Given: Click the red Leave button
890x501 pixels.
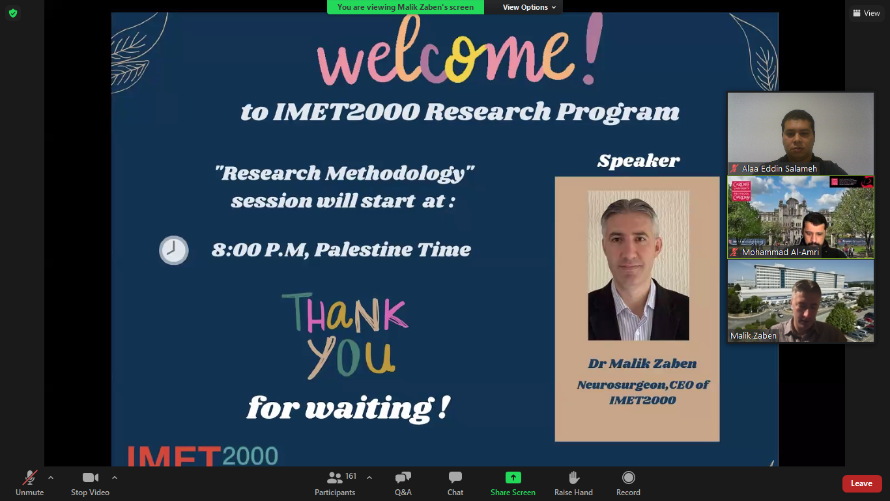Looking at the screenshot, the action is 861,483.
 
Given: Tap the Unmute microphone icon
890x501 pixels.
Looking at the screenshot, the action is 30,478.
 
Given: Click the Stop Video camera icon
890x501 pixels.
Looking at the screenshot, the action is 90,478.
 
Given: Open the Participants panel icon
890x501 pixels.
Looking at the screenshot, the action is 334,477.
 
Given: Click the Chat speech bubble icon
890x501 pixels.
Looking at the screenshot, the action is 455,477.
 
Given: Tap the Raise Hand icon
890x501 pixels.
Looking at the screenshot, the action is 574,477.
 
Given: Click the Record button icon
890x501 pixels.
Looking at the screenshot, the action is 629,477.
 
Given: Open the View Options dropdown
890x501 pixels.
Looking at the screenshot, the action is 529,7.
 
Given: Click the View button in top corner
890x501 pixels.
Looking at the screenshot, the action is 866,13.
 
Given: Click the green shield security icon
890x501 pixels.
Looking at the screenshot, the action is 13,13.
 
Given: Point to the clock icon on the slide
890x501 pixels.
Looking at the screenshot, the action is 173,250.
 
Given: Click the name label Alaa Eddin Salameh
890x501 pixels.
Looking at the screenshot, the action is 779,169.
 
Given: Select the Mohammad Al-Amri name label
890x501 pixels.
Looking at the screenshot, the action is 780,252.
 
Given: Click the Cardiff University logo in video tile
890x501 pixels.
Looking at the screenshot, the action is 741,190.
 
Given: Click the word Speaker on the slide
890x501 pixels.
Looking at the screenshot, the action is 639,160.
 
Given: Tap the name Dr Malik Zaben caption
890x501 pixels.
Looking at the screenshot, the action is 642,363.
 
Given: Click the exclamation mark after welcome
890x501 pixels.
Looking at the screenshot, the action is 592,48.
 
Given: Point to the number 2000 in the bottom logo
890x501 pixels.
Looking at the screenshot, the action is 250,456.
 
